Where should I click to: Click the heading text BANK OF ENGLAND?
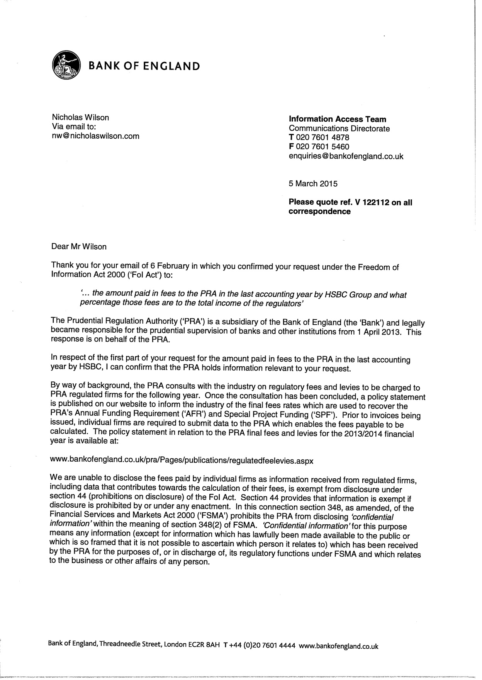click(144, 66)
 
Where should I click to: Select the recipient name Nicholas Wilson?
click(80, 117)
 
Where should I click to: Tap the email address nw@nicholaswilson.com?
click(95, 136)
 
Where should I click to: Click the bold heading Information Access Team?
click(338, 119)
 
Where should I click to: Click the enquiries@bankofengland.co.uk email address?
click(346, 156)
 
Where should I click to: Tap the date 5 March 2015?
click(313, 184)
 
